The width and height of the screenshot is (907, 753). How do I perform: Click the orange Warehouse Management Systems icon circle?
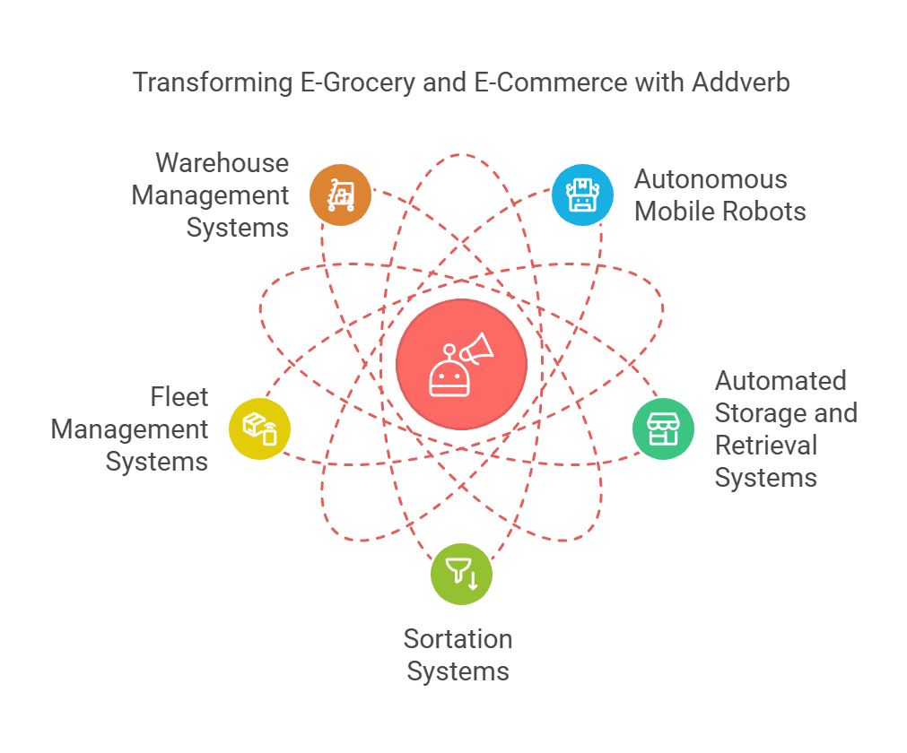(340, 195)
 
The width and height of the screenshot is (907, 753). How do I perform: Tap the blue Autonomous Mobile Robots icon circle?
(582, 195)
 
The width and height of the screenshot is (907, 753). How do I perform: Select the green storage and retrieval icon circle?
(664, 428)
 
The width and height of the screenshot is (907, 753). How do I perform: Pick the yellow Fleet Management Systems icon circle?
(259, 428)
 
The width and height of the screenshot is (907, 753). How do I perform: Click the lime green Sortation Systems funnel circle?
(462, 574)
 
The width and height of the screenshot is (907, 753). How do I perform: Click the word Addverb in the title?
(741, 82)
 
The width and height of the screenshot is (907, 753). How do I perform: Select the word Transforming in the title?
(213, 82)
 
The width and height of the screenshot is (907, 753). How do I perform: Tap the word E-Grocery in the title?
(357, 82)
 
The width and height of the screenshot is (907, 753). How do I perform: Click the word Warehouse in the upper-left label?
(222, 163)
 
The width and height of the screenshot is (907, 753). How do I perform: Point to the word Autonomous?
(711, 179)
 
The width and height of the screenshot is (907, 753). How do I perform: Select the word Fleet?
(179, 397)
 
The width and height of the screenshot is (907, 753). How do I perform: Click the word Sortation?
(458, 639)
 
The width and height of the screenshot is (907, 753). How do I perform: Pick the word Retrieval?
(766, 446)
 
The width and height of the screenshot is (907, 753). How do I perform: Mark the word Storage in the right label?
(755, 414)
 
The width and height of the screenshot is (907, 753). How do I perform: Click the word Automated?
(781, 381)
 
